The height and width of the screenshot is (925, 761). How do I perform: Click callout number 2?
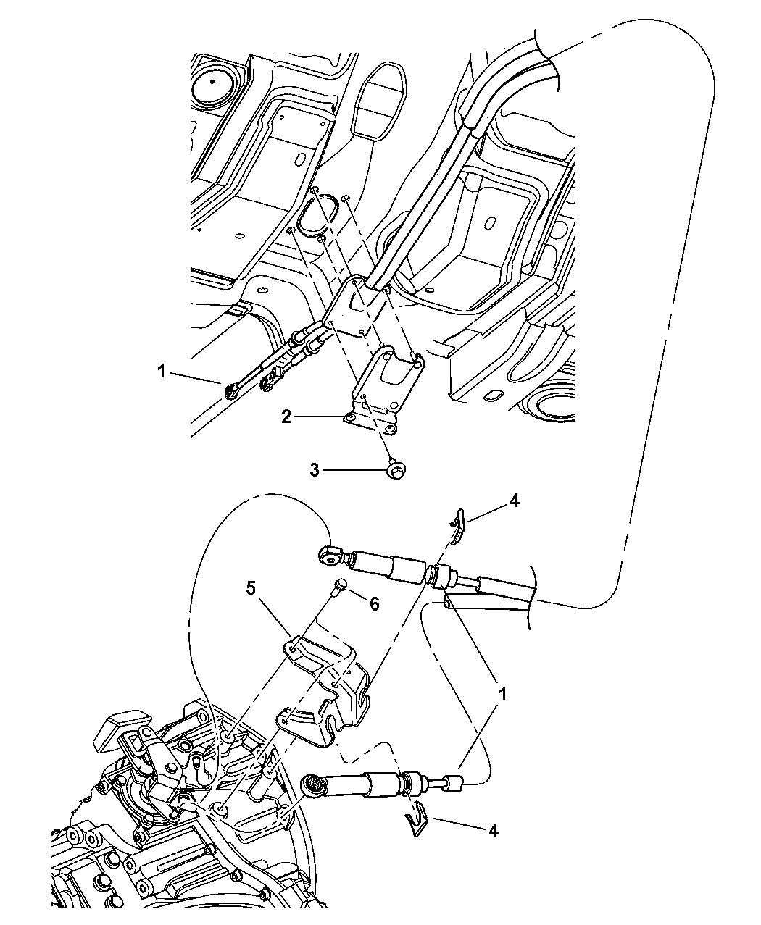coord(286,417)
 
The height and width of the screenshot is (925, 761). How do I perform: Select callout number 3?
coord(315,471)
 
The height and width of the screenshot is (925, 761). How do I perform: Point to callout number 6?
coord(375,604)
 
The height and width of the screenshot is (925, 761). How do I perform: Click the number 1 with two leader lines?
coord(502,695)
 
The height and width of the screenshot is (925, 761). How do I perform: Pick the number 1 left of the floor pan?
coord(162,372)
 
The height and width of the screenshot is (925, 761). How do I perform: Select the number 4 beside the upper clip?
coord(515,501)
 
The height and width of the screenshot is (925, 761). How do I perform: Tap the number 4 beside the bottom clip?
coord(494,831)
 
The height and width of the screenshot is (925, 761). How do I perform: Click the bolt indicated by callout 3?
coord(396,472)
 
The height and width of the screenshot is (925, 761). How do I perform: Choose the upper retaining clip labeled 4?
coord(457,525)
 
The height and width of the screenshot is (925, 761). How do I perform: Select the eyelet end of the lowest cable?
coord(312,784)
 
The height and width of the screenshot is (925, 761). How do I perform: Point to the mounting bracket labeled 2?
coord(384,386)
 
